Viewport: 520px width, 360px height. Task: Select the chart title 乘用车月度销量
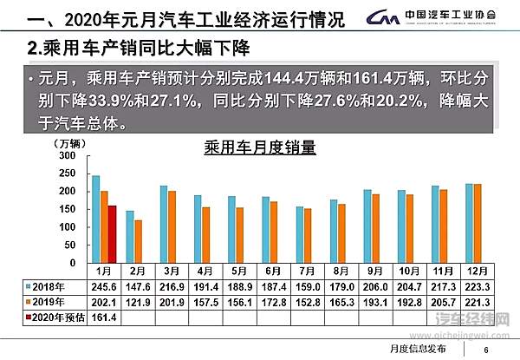tap(260, 147)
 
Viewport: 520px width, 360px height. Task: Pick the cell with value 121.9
tap(136, 301)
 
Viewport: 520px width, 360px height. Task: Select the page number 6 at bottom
tap(486, 350)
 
